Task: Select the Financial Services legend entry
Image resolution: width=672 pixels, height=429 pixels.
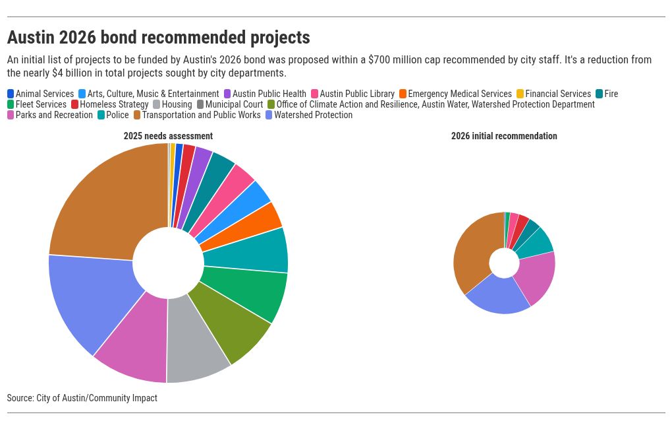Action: pos(557,94)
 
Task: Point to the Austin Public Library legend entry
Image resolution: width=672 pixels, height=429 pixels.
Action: pos(356,94)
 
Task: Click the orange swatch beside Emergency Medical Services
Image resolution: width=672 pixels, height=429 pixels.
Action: pos(403,94)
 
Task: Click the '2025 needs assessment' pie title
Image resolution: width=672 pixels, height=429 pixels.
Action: pos(168,136)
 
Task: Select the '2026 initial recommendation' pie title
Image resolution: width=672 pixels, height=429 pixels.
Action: pos(504,136)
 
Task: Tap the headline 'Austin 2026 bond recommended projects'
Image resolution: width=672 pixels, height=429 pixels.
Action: pos(158,37)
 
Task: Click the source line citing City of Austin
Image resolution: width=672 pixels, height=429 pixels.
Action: pos(82,398)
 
